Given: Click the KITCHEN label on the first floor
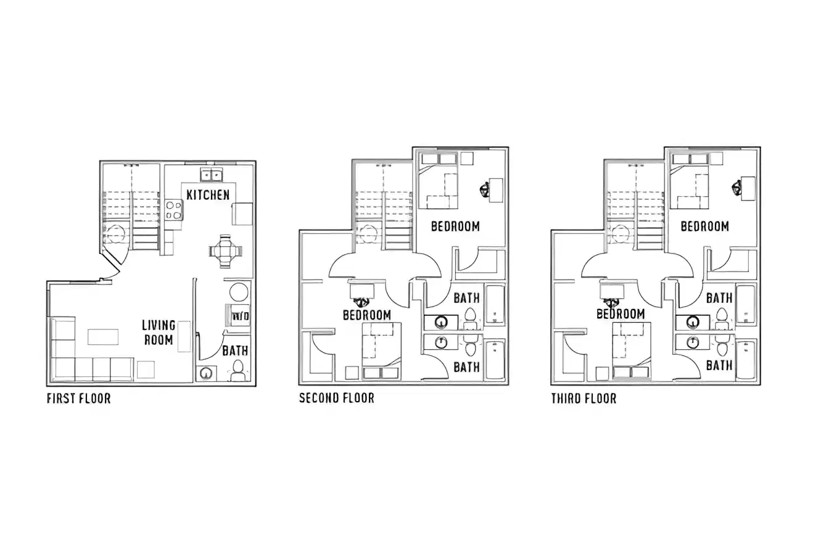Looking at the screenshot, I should click(208, 195).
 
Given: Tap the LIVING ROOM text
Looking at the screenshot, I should click(159, 332).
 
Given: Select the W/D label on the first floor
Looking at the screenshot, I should click(240, 316).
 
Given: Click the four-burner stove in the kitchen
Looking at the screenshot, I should click(174, 210).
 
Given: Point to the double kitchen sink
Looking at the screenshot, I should click(210, 175).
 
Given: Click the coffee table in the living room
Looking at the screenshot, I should click(102, 337).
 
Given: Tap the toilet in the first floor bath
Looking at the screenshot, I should click(237, 370).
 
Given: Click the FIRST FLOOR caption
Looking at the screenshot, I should click(78, 398).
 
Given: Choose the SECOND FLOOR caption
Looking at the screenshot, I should click(336, 398).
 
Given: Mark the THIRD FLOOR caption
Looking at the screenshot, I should click(584, 398).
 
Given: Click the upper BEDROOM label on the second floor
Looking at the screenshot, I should click(455, 226).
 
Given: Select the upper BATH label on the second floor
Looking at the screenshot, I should click(466, 299).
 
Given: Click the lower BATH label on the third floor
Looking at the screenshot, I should click(719, 365).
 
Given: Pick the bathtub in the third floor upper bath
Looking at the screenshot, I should click(746, 305).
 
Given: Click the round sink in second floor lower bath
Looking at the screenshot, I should click(440, 342).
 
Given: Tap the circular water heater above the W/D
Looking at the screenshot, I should click(239, 292).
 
